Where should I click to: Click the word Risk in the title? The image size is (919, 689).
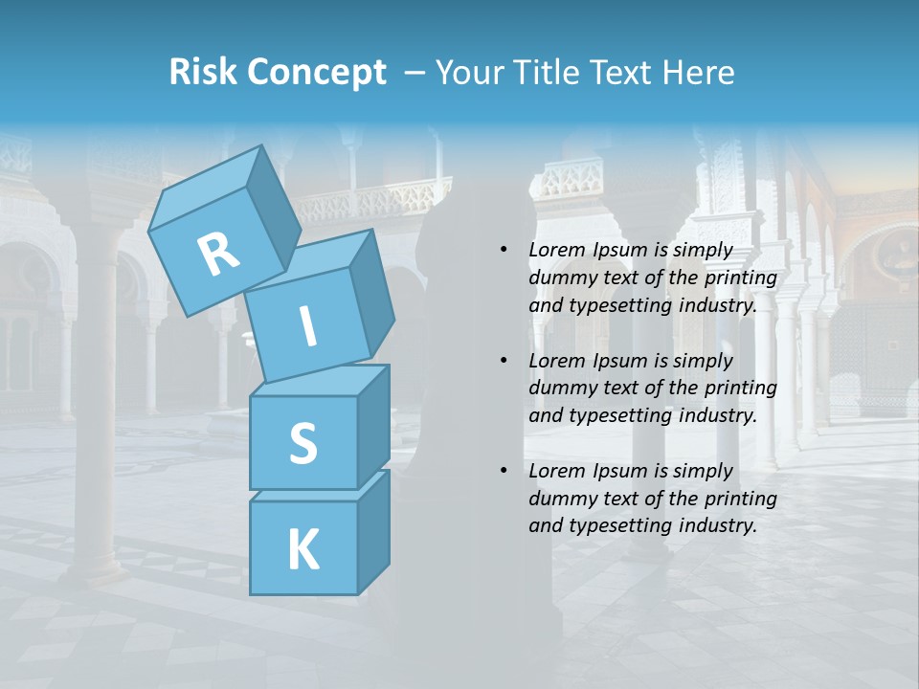pos(202,73)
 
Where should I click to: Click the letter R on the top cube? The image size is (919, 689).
pos(219,254)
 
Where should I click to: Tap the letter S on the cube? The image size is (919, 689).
pos(303,443)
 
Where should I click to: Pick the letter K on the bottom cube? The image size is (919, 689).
pos(303,550)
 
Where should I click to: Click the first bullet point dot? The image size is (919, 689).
pos(504,251)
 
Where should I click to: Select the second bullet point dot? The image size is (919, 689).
pos(504,361)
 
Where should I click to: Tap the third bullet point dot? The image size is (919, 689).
pos(504,471)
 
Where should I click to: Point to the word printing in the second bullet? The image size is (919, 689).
pos(740,389)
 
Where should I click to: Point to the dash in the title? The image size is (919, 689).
pos(415,73)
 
